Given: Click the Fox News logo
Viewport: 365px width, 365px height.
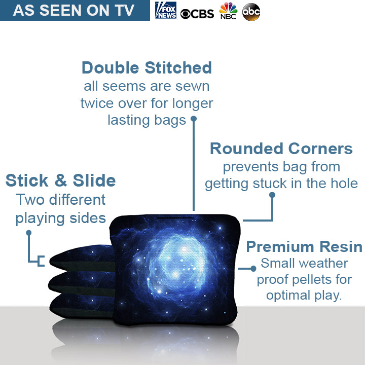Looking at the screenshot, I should tap(166, 10).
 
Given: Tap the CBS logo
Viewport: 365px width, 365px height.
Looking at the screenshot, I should tap(198, 14).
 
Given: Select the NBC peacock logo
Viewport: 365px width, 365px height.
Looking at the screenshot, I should tap(228, 11).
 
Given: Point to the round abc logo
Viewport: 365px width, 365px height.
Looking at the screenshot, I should tap(251, 12).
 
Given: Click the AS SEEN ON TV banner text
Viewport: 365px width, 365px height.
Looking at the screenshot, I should tap(74, 10).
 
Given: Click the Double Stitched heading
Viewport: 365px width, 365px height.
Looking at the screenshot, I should tap(147, 67).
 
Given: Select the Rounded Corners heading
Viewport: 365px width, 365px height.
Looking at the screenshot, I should tap(281, 149).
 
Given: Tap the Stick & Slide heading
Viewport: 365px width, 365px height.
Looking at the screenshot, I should tap(60, 180).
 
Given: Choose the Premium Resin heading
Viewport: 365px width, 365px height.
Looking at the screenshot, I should tap(304, 247).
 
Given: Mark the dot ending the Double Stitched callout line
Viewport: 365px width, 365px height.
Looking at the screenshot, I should tap(193, 120).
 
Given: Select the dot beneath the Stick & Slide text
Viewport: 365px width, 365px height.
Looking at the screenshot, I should tap(29, 233).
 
